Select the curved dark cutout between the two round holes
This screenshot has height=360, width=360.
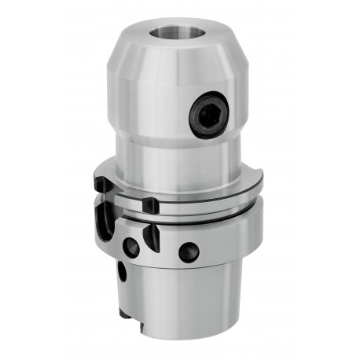152,236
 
